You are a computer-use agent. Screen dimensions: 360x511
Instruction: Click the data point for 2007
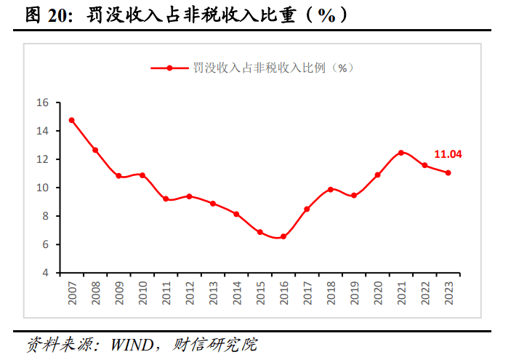tap(71, 120)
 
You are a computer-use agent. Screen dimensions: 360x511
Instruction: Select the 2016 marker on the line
tap(283, 236)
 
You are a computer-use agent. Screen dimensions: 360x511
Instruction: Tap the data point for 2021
tap(401, 153)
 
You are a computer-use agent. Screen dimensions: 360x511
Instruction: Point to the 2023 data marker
tap(448, 172)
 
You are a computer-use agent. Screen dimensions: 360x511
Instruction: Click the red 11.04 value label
tap(448, 154)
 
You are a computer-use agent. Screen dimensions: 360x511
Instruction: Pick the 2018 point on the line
tap(331, 189)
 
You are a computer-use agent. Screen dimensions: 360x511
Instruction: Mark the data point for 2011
tap(166, 199)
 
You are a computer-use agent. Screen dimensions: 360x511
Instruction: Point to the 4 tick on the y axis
tap(45, 273)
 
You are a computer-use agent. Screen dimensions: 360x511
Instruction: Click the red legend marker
tap(169, 68)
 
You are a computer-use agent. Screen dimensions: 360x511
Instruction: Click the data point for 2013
tap(213, 204)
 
